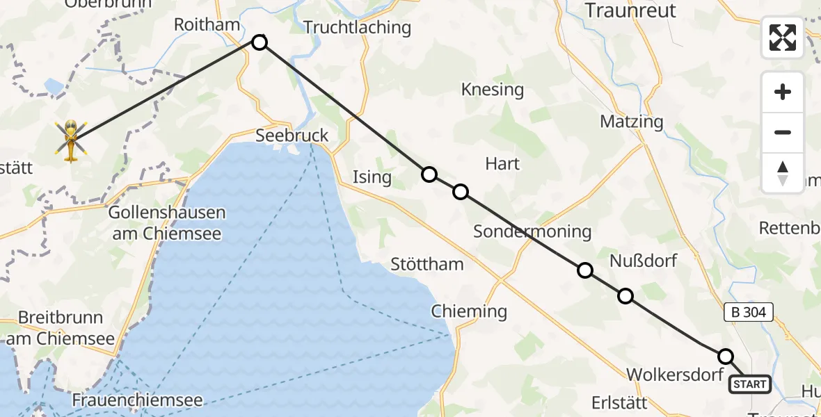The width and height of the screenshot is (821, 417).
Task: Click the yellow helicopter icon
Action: (71, 139)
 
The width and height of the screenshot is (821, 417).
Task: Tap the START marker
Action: (749, 384)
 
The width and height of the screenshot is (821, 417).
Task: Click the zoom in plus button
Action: (783, 92)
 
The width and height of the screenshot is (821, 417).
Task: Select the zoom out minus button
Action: (783, 132)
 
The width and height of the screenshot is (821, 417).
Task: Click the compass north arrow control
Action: (783, 172)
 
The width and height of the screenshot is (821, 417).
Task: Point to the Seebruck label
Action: (292, 136)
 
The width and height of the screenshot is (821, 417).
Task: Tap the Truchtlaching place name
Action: (358, 28)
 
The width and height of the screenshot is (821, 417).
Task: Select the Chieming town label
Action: (469, 311)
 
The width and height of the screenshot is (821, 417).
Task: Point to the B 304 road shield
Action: (749, 313)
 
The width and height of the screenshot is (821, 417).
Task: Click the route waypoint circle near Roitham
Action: (260, 42)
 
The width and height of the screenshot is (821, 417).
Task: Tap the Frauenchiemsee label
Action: (137, 400)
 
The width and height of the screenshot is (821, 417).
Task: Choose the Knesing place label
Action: (493, 90)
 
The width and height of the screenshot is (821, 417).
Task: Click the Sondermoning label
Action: (532, 231)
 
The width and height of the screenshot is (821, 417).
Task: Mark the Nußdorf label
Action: (643, 261)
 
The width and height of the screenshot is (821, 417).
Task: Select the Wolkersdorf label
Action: (671, 375)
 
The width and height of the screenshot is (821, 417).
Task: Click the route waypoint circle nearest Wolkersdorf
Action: (726, 357)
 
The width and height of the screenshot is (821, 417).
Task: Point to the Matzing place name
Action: (632, 122)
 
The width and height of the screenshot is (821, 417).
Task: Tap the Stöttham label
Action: (427, 264)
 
